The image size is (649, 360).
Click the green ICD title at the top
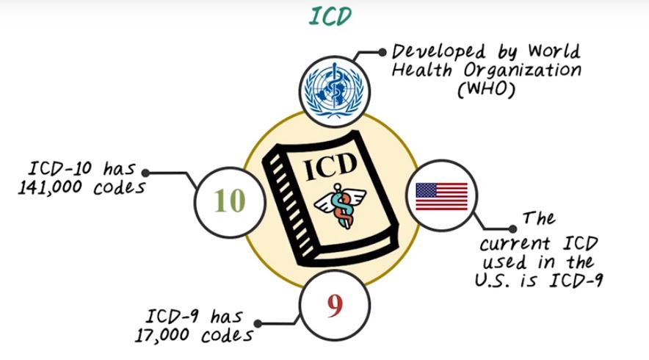[x=330, y=16]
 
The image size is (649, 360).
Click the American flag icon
[x=441, y=196]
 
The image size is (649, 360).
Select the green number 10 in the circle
[x=230, y=201]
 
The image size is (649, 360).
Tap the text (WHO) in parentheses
[x=485, y=90]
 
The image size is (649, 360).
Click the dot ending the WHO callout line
[x=382, y=53]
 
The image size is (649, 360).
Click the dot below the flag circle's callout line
[x=512, y=229]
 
